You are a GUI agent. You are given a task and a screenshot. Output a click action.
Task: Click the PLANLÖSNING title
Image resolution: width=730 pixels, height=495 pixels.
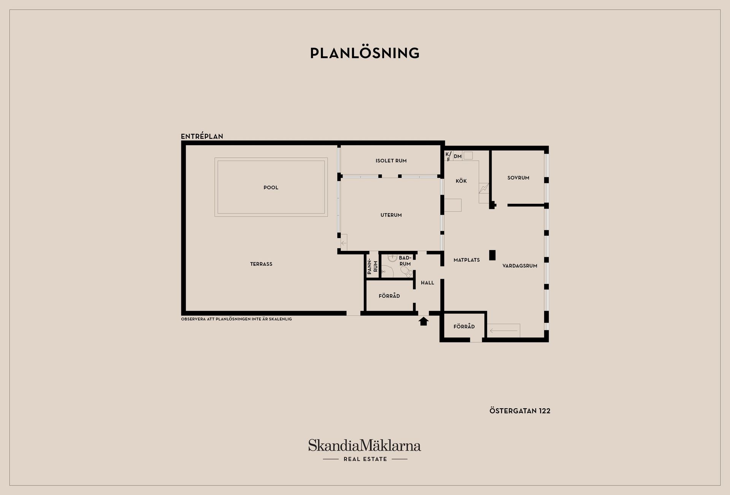point(365,53)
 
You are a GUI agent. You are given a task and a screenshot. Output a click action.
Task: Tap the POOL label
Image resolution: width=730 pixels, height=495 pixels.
point(271,187)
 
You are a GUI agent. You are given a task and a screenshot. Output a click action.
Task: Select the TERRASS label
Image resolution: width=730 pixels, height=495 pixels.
point(261,264)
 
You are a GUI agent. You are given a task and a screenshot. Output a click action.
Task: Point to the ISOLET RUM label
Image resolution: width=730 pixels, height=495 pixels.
point(391,161)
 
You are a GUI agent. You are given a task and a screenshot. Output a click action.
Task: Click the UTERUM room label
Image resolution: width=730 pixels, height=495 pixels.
point(391,215)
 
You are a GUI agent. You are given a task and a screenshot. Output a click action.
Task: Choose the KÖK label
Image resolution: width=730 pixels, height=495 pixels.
point(461,181)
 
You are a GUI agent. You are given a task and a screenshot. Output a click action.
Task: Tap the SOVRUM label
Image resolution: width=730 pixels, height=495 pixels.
point(518,178)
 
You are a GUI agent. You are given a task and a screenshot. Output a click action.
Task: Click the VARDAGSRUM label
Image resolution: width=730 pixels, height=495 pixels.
point(520,266)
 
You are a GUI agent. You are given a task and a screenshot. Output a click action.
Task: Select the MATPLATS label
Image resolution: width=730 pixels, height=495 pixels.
point(467,260)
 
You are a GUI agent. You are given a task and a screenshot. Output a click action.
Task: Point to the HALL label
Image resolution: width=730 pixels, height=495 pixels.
point(427,283)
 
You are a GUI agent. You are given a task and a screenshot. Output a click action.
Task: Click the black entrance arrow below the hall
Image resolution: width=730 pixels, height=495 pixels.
point(424,322)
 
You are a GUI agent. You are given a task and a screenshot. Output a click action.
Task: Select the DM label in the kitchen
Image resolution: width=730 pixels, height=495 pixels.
point(457,156)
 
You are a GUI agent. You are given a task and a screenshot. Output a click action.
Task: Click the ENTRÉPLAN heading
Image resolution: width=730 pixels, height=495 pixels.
point(202,136)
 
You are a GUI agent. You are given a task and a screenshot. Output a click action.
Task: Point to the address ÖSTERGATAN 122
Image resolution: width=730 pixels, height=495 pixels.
point(520,411)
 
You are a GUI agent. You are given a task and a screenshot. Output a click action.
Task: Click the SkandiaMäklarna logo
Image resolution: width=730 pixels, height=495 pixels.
point(365,445)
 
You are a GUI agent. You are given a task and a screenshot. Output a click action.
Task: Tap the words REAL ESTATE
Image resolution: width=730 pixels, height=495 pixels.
point(365,459)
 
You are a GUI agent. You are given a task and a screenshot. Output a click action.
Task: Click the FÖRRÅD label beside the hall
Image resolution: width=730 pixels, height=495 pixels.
point(389,296)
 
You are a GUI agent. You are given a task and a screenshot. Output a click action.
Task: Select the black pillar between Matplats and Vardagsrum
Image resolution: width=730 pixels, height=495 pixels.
point(492,255)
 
